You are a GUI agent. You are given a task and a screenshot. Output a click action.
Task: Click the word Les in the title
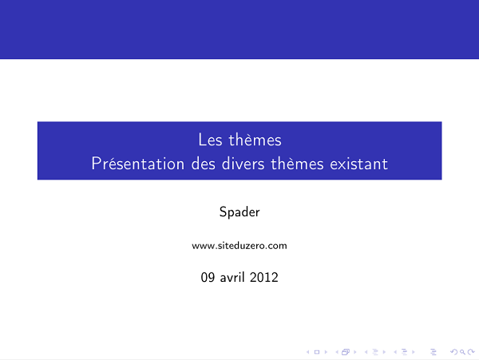coord(209,140)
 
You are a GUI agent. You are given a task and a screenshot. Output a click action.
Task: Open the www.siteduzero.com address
coord(239,246)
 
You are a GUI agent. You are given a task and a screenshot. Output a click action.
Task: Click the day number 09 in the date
coord(208,279)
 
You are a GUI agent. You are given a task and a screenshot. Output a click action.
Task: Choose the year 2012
coord(264,279)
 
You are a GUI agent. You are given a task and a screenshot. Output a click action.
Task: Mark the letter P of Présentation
coord(96,164)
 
